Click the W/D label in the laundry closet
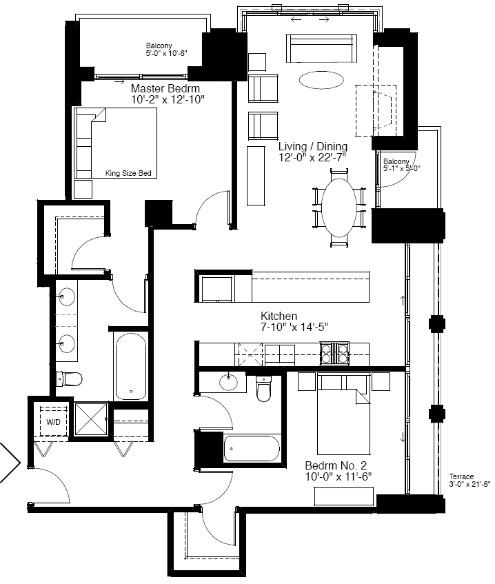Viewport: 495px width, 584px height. [53, 422]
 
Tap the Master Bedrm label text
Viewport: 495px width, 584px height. [165, 89]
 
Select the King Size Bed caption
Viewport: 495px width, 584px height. [128, 173]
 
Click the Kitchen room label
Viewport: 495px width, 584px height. [279, 316]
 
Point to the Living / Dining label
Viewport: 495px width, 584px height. [313, 146]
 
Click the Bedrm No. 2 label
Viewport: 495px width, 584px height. [336, 465]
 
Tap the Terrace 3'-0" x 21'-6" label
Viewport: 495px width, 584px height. [469, 481]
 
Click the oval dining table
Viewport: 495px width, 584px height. [339, 208]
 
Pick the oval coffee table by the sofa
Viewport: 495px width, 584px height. [321, 80]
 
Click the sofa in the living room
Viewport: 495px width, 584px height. [321, 48]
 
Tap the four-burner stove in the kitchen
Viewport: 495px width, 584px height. [334, 353]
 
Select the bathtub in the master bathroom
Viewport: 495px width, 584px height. [130, 367]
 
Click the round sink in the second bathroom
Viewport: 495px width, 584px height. [228, 382]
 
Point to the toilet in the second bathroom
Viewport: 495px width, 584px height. [264, 388]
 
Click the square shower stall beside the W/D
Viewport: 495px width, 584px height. [91, 419]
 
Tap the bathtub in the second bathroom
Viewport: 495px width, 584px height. [252, 448]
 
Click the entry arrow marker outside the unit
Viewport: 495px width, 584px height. [10, 463]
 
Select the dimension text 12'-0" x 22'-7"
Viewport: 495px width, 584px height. [313, 157]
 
